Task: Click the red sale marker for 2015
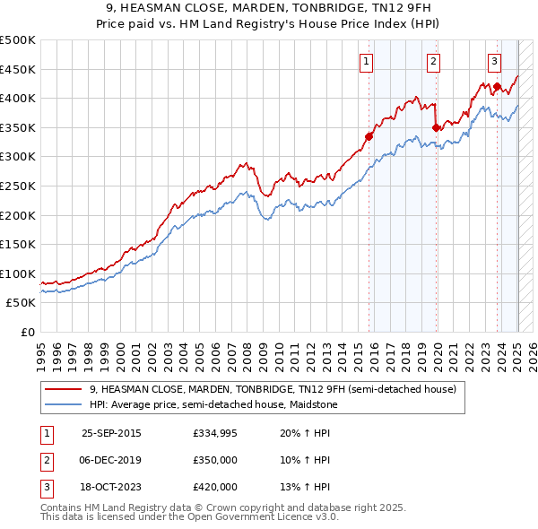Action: click(x=369, y=136)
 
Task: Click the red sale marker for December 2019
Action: click(x=436, y=127)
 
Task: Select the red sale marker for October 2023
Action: click(x=497, y=86)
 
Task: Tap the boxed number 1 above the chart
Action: click(x=367, y=62)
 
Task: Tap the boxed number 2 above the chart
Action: click(x=433, y=62)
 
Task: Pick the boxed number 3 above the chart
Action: click(x=494, y=62)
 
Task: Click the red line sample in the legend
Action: click(x=64, y=389)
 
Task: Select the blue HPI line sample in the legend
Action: click(x=64, y=404)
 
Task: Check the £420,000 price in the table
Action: click(x=215, y=487)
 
